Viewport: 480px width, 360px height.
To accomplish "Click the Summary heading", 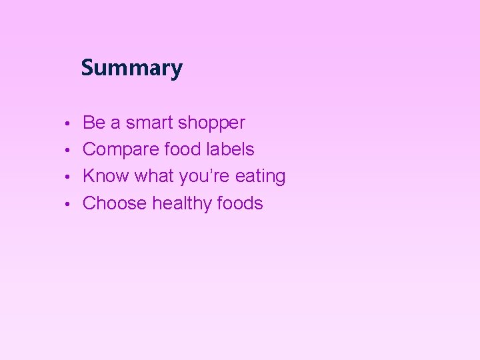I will coord(131,68).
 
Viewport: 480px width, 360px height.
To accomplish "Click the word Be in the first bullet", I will coord(93,123).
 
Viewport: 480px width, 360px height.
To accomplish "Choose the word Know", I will coord(106,176).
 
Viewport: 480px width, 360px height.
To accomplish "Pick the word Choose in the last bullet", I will coord(115,203).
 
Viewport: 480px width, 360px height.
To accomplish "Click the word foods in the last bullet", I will coord(241,203).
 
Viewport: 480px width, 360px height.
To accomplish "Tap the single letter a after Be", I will coord(115,124).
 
